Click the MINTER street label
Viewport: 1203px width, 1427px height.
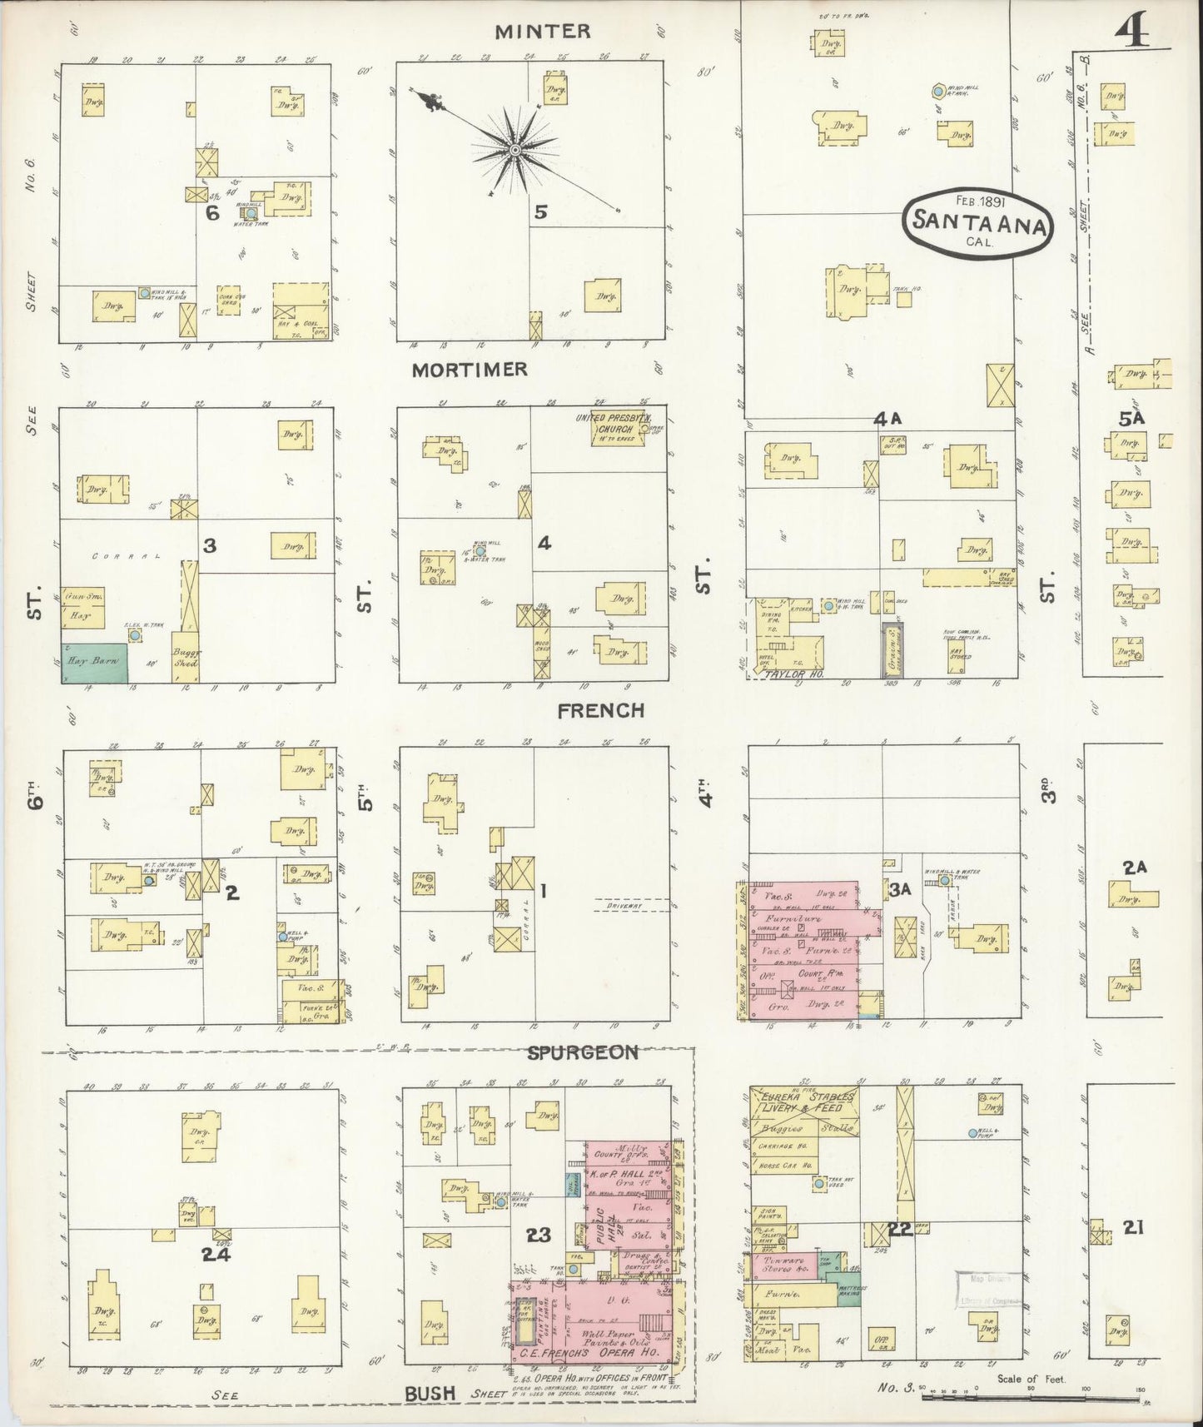(542, 32)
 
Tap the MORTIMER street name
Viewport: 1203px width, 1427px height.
(470, 370)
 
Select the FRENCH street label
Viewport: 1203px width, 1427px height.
(601, 710)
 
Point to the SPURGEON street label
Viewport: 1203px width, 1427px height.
(583, 1052)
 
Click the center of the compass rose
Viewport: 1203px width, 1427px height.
(515, 150)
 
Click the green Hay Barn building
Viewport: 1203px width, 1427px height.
(93, 663)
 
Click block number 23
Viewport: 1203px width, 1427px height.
(538, 1234)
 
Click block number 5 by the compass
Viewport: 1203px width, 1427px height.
(540, 212)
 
